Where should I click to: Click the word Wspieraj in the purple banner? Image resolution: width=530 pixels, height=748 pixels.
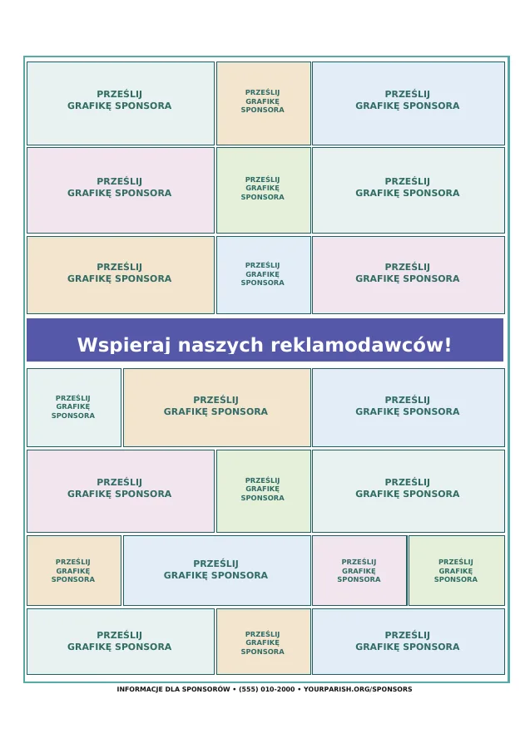[123, 345]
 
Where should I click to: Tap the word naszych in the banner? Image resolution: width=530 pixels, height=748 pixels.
[220, 345]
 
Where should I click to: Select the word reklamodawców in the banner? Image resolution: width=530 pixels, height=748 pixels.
[358, 344]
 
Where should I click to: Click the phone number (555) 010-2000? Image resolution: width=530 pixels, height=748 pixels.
[267, 689]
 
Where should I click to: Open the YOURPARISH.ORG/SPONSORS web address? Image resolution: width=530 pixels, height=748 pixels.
[358, 689]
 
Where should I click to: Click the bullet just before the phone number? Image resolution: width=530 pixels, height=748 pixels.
[235, 689]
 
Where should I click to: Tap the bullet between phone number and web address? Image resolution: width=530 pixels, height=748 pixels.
[300, 689]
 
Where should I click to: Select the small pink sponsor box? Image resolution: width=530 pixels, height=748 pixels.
[359, 570]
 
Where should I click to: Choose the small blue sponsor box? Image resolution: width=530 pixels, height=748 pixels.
[264, 275]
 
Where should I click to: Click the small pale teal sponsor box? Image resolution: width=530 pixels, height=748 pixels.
[74, 407]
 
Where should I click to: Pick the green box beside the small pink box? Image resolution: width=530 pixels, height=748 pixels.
[457, 570]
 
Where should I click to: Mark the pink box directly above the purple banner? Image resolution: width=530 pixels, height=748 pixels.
[409, 275]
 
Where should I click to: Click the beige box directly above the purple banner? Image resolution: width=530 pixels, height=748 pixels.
[121, 275]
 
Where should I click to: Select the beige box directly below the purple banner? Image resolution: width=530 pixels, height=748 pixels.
[217, 407]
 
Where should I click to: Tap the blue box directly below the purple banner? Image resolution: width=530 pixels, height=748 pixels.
[409, 407]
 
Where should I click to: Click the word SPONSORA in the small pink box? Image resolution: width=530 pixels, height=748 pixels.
[359, 579]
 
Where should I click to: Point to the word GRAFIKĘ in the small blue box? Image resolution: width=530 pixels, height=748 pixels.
[263, 274]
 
